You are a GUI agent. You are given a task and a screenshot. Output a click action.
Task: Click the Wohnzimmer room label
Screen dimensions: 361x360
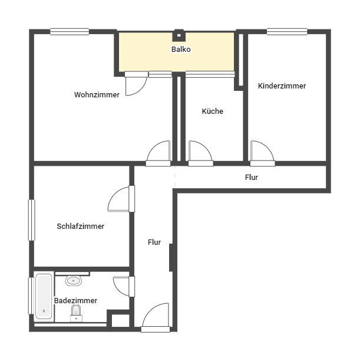97,95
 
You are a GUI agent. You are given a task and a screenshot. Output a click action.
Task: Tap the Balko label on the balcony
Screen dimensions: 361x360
181,50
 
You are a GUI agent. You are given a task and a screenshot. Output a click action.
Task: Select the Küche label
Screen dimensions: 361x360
212,111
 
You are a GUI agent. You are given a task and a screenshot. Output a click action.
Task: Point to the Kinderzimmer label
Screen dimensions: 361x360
282,86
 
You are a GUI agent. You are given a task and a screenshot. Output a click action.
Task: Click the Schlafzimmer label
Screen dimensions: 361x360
81,226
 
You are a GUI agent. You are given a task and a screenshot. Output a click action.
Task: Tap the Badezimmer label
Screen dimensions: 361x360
75,301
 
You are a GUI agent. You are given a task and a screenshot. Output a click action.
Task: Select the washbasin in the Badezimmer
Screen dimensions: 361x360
74,281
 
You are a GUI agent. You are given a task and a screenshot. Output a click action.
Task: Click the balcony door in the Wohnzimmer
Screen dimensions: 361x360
136,83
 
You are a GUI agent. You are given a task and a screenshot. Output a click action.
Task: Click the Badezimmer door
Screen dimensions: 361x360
124,286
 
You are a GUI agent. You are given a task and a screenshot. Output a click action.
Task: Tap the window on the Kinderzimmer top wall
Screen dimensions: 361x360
287,32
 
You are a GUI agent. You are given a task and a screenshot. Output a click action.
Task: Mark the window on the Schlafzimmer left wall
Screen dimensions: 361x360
32,220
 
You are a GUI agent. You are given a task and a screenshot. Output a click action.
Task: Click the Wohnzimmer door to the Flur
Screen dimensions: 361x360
158,153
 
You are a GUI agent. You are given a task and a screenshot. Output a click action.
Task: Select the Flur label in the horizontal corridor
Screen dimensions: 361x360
252,177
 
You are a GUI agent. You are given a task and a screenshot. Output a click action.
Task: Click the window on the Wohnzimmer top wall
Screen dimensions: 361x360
70,32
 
